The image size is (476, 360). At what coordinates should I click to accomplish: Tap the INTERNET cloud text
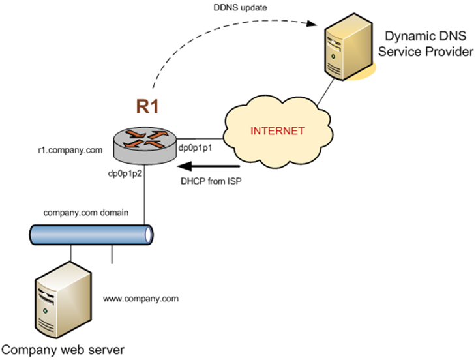coord(278,131)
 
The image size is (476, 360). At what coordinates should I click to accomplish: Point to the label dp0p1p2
coord(126,174)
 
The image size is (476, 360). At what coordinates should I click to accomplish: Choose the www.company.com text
coord(140,299)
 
